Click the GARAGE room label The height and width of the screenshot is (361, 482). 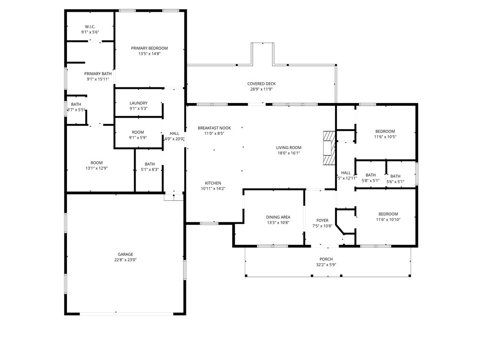125,254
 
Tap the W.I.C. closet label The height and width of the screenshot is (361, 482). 90,26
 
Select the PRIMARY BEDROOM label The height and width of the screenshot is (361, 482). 149,48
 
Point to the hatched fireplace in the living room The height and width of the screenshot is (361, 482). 328,148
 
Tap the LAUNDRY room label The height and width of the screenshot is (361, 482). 138,103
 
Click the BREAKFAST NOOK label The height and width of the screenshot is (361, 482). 214,128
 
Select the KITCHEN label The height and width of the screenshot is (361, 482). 213,183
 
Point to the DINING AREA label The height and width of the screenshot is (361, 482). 278,217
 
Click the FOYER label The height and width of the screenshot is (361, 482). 322,220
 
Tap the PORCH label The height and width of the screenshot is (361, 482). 326,259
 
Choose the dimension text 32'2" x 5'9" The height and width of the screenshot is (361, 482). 326,265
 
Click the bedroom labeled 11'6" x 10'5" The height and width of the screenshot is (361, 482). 385,134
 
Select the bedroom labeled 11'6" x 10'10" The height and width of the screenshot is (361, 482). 388,216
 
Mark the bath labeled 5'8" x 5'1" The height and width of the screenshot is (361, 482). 370,178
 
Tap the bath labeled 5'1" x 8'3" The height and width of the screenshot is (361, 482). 150,167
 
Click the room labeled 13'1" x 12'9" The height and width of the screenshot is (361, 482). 96,165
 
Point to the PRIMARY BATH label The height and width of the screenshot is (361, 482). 98,76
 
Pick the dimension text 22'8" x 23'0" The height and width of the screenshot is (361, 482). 125,260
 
